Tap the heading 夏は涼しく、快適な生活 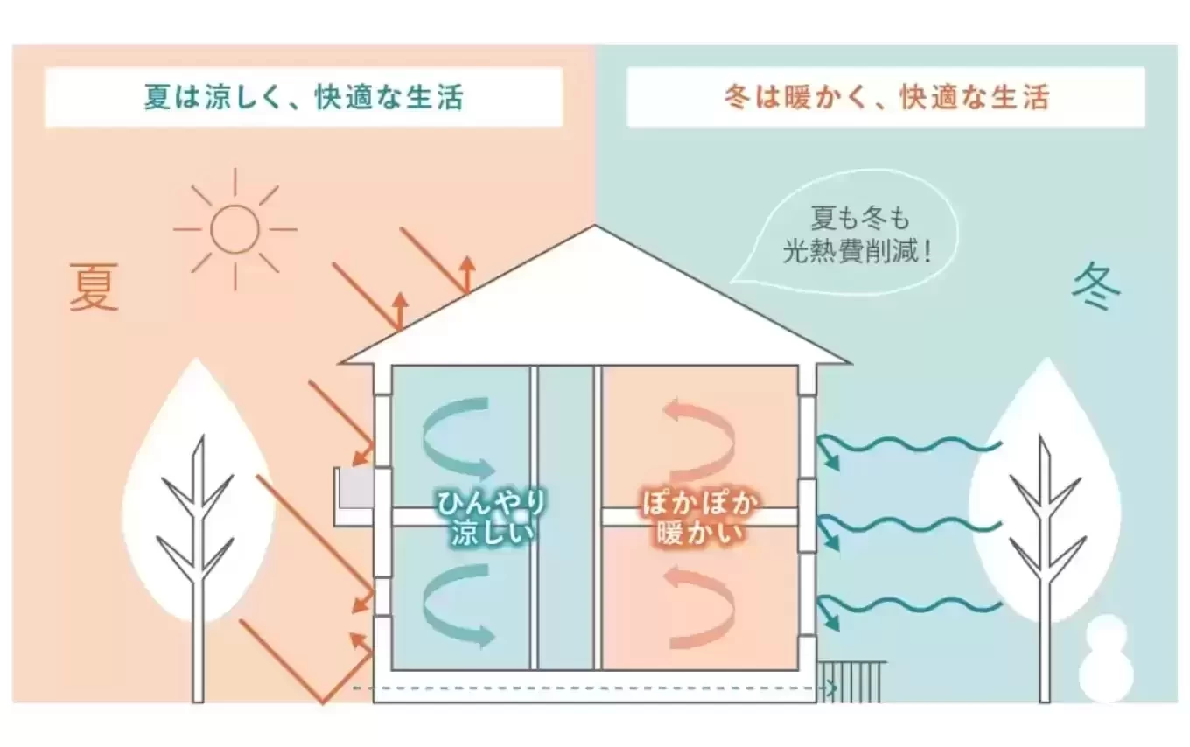click(x=304, y=97)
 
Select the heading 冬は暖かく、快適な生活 click(x=885, y=97)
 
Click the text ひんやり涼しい click(x=492, y=518)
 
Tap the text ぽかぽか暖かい click(x=698, y=518)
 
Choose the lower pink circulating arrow click(x=700, y=604)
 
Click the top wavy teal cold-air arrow click(x=910, y=448)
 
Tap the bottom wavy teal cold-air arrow click(x=910, y=606)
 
